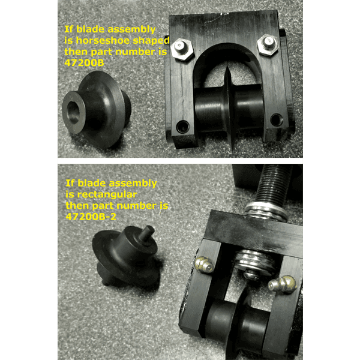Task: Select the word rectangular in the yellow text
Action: (x=101, y=195)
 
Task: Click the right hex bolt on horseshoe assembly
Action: (x=268, y=44)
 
